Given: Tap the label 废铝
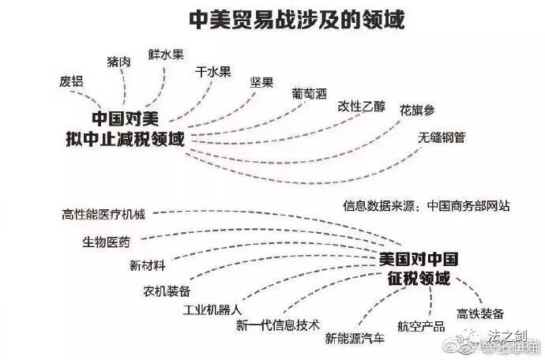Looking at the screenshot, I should coord(71,81).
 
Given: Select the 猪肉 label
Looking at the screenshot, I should coord(119,62).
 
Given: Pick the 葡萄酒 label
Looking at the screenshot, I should coord(309,93).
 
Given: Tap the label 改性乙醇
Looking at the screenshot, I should coord(362,107).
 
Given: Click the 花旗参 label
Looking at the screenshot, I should coord(416,110).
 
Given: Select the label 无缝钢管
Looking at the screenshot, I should coord(442,138).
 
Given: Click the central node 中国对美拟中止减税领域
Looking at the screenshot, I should coord(125,129).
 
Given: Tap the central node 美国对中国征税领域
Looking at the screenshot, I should coord(418,268).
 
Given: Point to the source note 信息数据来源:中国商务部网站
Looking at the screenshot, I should coord(426,206).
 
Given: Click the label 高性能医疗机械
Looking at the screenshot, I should coord(104,215).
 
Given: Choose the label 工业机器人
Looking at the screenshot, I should coord(212,309).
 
